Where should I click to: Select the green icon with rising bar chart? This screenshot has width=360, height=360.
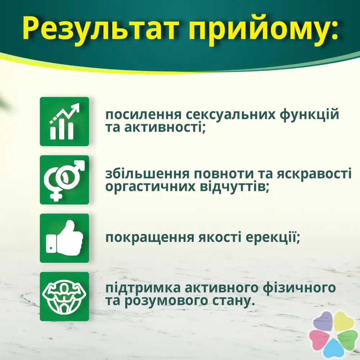64,121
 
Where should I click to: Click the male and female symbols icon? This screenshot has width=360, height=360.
64,180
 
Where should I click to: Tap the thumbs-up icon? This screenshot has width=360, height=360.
64,238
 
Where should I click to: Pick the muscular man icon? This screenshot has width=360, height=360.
64,296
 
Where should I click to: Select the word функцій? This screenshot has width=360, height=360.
309,115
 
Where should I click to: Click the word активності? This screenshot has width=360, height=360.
165,128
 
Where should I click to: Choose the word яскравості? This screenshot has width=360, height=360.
314,174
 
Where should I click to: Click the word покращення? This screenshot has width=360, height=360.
150,238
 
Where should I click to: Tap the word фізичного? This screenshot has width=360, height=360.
299,288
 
